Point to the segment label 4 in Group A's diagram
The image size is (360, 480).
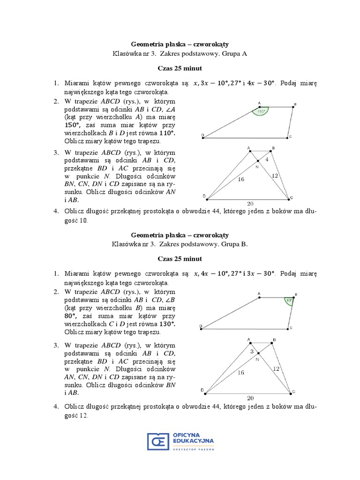pyautogui.click(x=267, y=159)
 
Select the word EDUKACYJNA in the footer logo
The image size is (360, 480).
pyautogui.click(x=193, y=441)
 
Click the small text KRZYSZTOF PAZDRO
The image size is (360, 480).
pyautogui.click(x=193, y=449)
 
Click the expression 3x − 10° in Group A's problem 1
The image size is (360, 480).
pyautogui.click(x=217, y=83)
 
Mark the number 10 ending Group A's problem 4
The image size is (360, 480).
pyautogui.click(x=83, y=221)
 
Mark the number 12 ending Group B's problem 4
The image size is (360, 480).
pyautogui.click(x=83, y=416)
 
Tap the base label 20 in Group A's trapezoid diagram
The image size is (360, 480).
pyautogui.click(x=250, y=203)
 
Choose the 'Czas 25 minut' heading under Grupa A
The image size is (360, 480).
pyautogui.click(x=180, y=68)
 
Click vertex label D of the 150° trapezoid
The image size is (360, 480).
pyautogui.click(x=202, y=135)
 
